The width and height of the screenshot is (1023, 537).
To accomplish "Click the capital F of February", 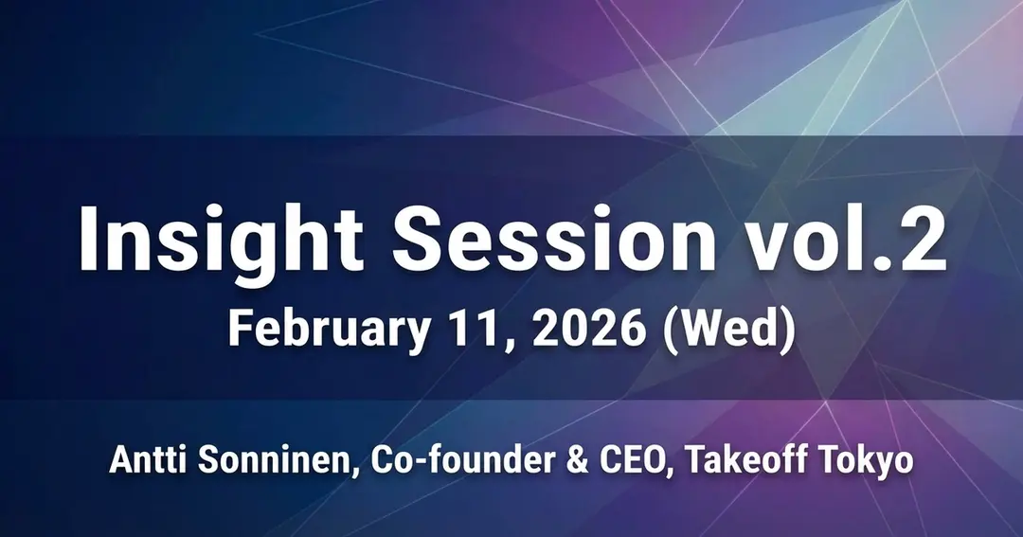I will pos(239,331).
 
